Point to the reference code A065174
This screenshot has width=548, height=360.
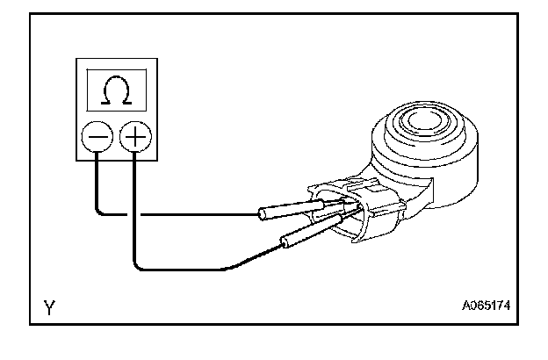487,307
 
